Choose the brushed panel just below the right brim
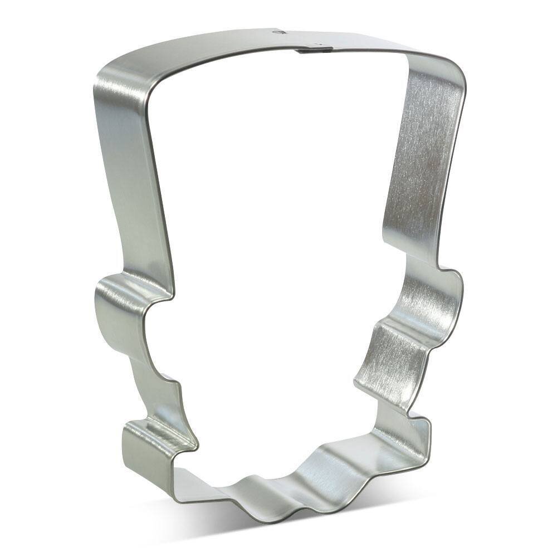[x=390, y=356]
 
